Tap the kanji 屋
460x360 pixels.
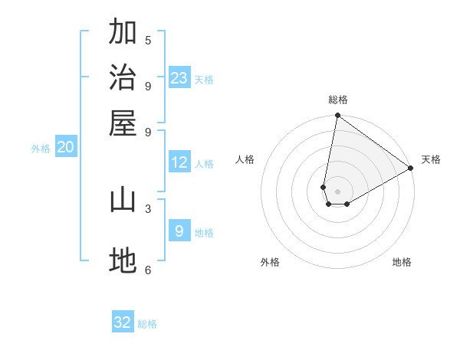[123, 123]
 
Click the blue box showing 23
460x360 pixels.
[179, 78]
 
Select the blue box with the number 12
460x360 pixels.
[179, 162]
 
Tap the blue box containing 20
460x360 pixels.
[65, 148]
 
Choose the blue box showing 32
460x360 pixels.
[123, 322]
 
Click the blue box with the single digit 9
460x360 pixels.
[179, 231]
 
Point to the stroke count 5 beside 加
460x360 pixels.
[148, 40]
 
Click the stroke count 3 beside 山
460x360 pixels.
[148, 208]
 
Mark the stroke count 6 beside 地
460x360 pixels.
[148, 270]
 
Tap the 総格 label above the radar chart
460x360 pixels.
[338, 100]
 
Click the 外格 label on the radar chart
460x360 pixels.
[270, 263]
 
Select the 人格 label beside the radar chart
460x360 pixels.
[245, 159]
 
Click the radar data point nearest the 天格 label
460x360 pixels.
[411, 169]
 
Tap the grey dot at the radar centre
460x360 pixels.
[337, 191]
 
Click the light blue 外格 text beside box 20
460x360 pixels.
[41, 149]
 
